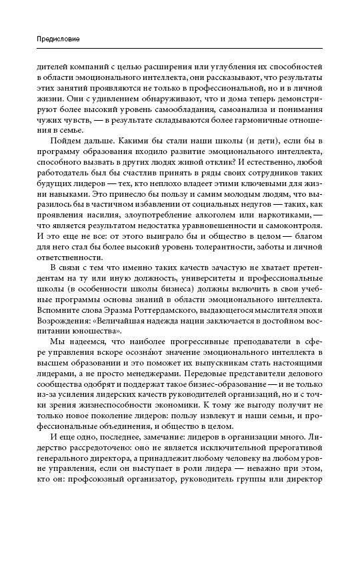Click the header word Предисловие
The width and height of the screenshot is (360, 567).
[x=58, y=40]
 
